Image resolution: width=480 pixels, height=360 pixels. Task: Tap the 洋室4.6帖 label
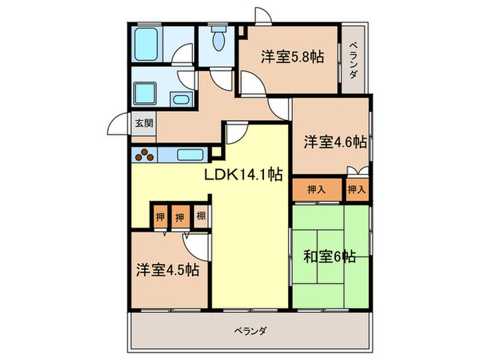335,142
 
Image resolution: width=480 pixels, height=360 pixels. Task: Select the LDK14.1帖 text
243,175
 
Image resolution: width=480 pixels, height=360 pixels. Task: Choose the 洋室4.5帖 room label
167,269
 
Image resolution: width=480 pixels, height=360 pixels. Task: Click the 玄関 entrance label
143,123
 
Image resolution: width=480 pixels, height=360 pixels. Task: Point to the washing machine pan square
145,93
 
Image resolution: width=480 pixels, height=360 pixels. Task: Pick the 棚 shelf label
200,217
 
